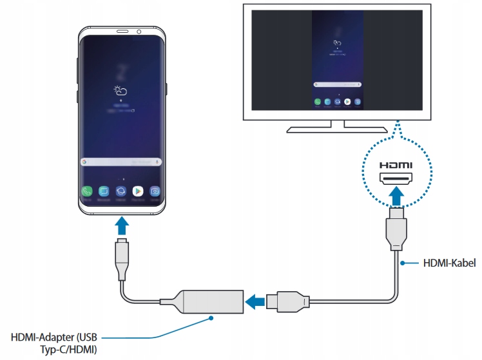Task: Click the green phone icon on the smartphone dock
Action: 86,191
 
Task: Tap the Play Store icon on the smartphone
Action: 137,191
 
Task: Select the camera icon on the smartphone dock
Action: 155,191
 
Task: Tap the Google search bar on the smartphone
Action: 120,162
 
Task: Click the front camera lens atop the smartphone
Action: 139,32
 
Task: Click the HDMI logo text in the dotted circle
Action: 396,165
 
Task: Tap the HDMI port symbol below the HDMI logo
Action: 396,178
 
